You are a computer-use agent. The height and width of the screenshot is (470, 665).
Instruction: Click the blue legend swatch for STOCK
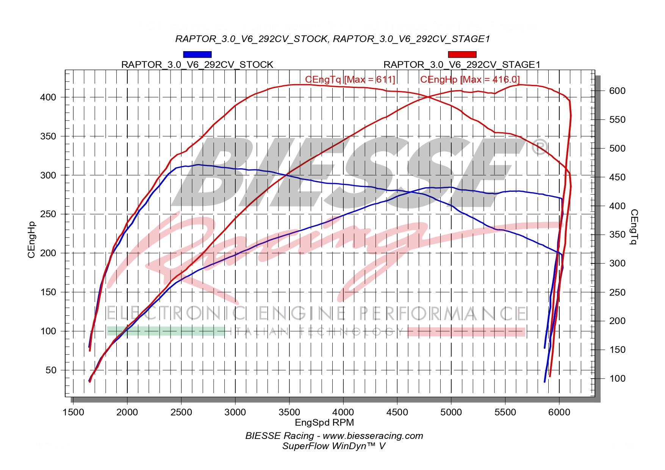tap(197, 55)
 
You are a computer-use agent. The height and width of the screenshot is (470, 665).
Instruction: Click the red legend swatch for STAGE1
tap(462, 55)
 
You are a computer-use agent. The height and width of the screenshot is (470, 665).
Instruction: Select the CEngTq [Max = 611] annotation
tap(350, 80)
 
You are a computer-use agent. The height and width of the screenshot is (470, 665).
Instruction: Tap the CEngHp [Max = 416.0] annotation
tap(470, 80)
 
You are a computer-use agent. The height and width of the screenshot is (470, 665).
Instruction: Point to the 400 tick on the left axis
tap(48, 97)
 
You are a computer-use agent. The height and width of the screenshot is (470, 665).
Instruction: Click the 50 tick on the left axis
tap(50, 370)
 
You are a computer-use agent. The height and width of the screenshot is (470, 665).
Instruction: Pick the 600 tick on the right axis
tap(617, 91)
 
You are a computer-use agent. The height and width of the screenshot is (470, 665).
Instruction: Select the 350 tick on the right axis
tap(617, 235)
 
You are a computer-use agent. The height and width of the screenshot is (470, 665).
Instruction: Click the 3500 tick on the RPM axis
tap(289, 412)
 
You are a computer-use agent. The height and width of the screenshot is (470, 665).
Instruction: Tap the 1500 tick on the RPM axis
tap(73, 412)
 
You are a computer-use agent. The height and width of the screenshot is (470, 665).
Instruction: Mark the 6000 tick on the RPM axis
tap(559, 412)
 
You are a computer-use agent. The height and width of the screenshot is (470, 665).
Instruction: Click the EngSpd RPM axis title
tap(324, 422)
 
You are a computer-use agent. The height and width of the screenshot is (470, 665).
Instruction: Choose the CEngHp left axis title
tap(31, 240)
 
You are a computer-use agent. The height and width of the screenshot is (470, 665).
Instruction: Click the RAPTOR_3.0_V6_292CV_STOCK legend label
tap(197, 65)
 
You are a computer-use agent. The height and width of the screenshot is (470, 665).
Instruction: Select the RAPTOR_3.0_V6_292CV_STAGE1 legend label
tap(462, 65)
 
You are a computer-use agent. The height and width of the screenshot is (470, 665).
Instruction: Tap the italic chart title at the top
tap(333, 39)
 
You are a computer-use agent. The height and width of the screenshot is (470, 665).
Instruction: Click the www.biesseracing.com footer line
tap(334, 436)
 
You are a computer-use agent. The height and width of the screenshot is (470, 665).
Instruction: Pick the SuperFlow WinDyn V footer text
tap(333, 446)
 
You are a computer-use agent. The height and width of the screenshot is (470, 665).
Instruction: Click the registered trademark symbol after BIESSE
tap(540, 147)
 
